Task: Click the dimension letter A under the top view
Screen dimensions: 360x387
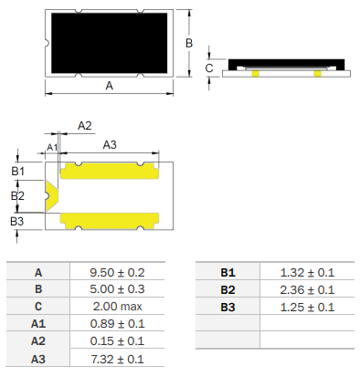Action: [x=110, y=86]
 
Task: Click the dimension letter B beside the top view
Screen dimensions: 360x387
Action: [x=189, y=43]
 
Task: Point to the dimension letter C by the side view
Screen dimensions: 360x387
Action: [x=209, y=68]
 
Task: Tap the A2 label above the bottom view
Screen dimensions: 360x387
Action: [x=85, y=126]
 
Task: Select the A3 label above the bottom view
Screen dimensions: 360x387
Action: [x=110, y=145]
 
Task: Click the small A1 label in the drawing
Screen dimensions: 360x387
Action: [x=52, y=148]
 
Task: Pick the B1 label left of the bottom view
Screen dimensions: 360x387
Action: [x=17, y=172]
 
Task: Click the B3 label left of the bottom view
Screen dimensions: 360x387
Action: [x=17, y=221]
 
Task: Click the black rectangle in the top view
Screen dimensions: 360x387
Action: [x=110, y=43]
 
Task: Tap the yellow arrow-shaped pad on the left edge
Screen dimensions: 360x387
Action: [x=52, y=195]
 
